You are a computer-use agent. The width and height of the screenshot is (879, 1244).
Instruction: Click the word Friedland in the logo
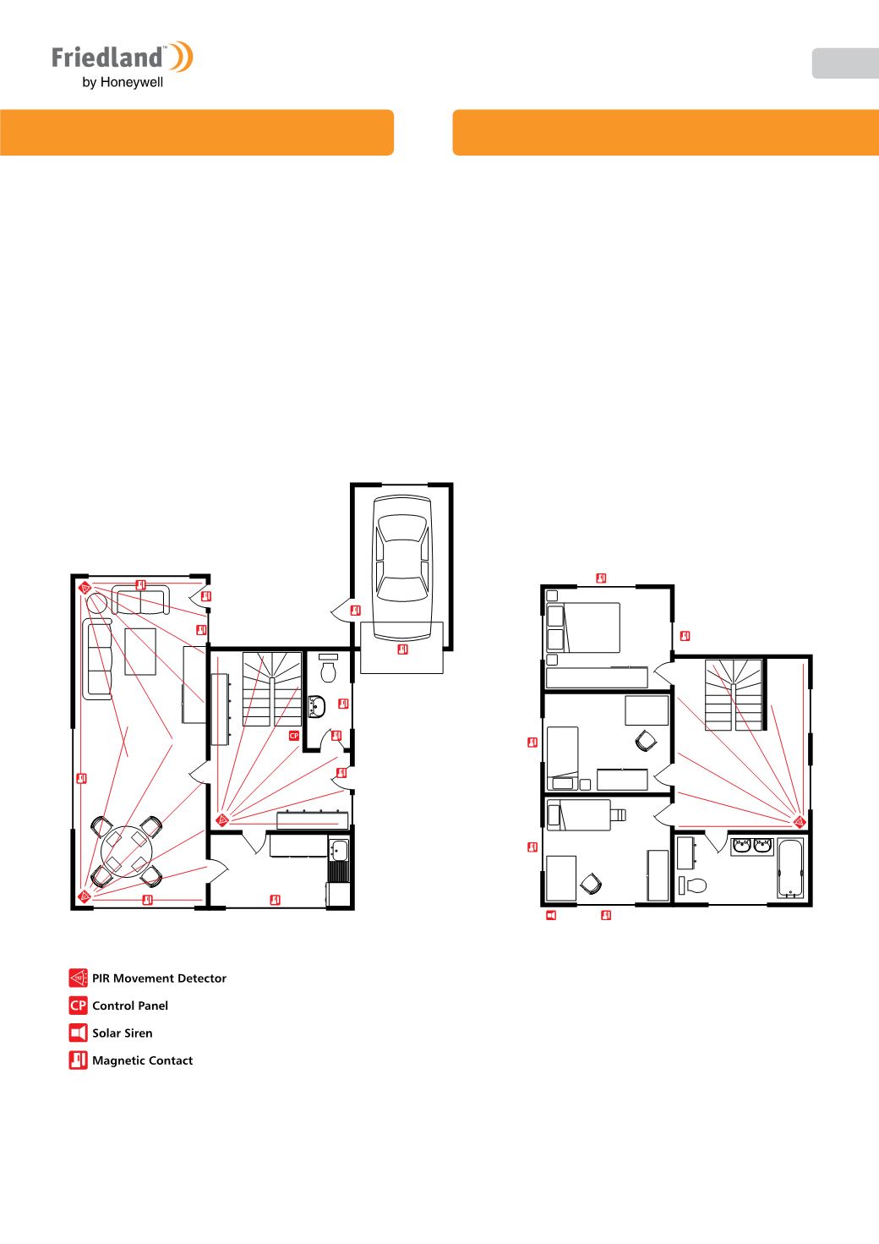point(107,58)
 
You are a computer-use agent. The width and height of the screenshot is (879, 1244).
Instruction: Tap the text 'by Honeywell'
point(123,83)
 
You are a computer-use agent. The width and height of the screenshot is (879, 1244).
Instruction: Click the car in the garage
point(402,567)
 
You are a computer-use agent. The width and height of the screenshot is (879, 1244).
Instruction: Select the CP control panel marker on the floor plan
point(294,735)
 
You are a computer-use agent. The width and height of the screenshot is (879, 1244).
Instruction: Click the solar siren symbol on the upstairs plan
point(551,915)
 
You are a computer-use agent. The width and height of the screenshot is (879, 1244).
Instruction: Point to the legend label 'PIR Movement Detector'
point(159,978)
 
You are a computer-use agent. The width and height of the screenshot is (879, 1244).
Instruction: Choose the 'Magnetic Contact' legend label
point(143,1060)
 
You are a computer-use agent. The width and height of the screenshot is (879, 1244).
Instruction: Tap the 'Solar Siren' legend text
point(122,1033)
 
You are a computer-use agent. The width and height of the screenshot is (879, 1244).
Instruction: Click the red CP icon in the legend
point(79,1006)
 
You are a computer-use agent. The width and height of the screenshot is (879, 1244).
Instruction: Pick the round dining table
point(126,852)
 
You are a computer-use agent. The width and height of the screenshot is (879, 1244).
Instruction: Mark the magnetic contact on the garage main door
point(403,649)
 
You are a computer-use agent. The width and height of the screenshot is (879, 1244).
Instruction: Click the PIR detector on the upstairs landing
point(799,821)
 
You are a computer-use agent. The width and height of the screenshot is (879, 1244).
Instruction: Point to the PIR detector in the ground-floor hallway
point(221,819)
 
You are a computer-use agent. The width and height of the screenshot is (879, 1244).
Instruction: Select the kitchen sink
point(339,850)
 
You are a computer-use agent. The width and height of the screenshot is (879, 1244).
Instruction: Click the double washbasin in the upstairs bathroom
point(752,846)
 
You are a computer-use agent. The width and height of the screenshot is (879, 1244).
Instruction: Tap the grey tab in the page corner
point(845,63)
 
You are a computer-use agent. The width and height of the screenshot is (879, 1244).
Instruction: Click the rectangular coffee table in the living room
point(140,651)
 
